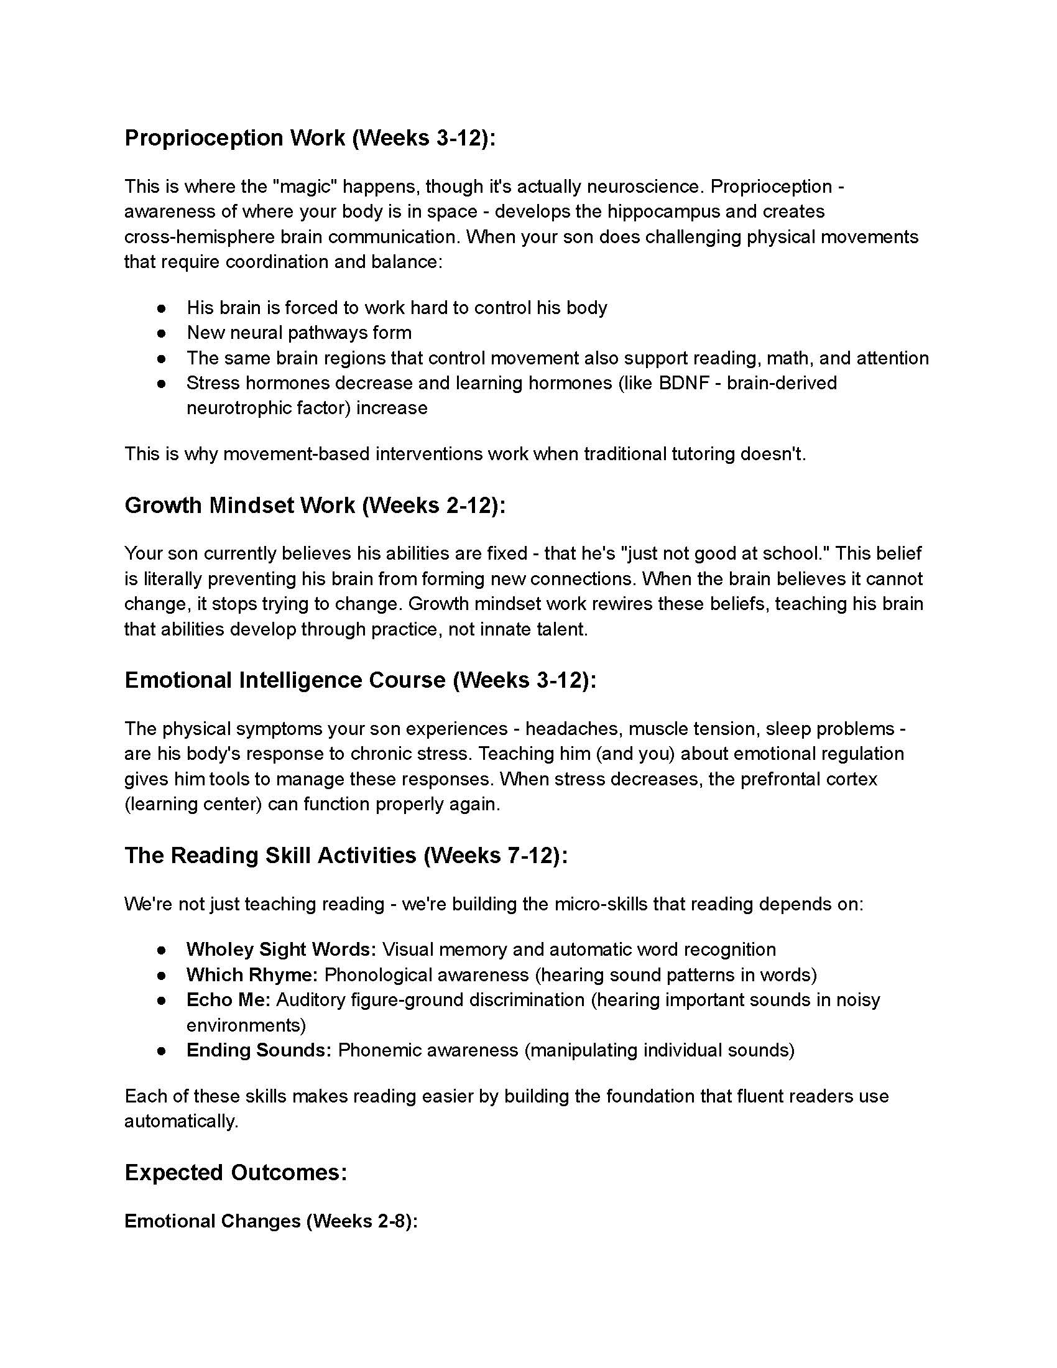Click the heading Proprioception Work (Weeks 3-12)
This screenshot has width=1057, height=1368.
pos(310,138)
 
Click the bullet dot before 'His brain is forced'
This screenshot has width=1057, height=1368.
pos(162,308)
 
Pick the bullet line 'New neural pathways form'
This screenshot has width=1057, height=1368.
pos(298,333)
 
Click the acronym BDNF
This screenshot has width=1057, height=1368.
pos(683,382)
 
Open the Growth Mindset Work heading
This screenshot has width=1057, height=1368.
pos(315,505)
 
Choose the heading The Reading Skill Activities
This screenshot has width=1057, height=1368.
pos(346,855)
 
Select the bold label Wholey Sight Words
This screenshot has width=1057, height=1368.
pos(280,950)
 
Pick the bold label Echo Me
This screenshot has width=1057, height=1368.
pos(228,1000)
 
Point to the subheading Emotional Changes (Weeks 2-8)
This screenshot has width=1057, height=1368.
pos(270,1221)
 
